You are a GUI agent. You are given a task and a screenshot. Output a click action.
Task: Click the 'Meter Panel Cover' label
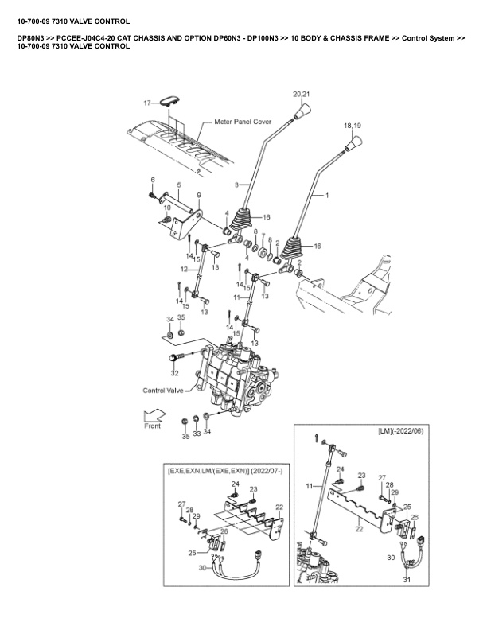(x=243, y=122)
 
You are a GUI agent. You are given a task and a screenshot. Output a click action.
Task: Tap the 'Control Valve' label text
(x=164, y=391)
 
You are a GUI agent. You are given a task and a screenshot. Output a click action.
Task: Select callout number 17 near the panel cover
(x=146, y=103)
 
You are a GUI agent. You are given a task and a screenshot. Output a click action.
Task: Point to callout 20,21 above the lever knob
(x=302, y=94)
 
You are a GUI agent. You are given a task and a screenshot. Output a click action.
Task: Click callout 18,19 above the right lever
(x=352, y=126)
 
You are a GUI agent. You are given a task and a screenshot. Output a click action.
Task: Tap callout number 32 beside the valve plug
(x=174, y=372)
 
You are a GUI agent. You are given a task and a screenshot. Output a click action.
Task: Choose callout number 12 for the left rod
(x=183, y=270)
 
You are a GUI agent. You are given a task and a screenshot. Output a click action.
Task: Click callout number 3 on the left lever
(x=236, y=185)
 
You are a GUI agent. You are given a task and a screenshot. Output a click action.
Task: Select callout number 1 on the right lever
(x=327, y=194)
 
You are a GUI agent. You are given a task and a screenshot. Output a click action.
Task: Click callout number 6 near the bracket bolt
(x=153, y=180)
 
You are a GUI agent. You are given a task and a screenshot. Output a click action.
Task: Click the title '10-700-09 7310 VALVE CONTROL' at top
(x=73, y=21)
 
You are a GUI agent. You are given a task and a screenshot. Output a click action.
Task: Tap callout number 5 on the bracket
(x=179, y=185)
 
